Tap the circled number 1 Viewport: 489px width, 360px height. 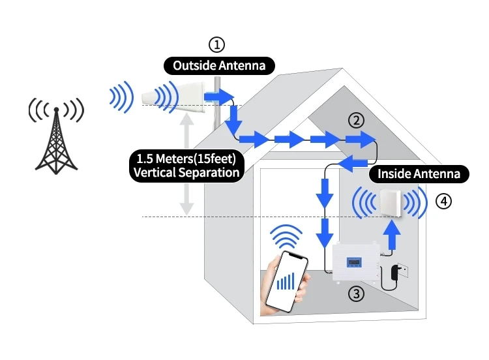tap(216, 44)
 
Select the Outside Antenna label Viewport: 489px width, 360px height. tap(218, 65)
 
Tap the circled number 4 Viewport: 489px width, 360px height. tap(443, 202)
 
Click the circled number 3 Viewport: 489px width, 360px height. tap(355, 293)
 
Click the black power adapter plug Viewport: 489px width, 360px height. tap(395, 274)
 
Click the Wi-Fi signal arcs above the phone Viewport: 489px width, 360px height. tap(287, 236)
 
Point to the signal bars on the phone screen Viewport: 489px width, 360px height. tap(284, 281)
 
